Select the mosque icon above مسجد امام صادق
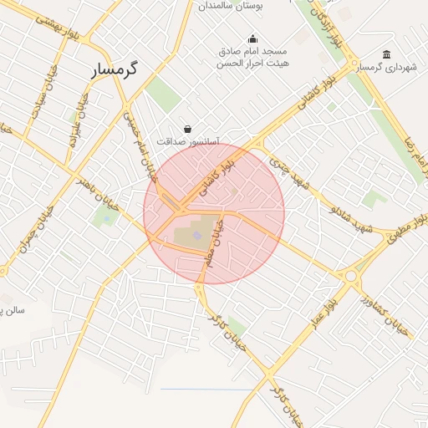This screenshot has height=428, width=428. [252, 38]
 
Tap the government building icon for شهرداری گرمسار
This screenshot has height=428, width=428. [385, 54]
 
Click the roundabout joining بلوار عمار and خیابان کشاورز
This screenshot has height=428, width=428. [350, 273]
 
